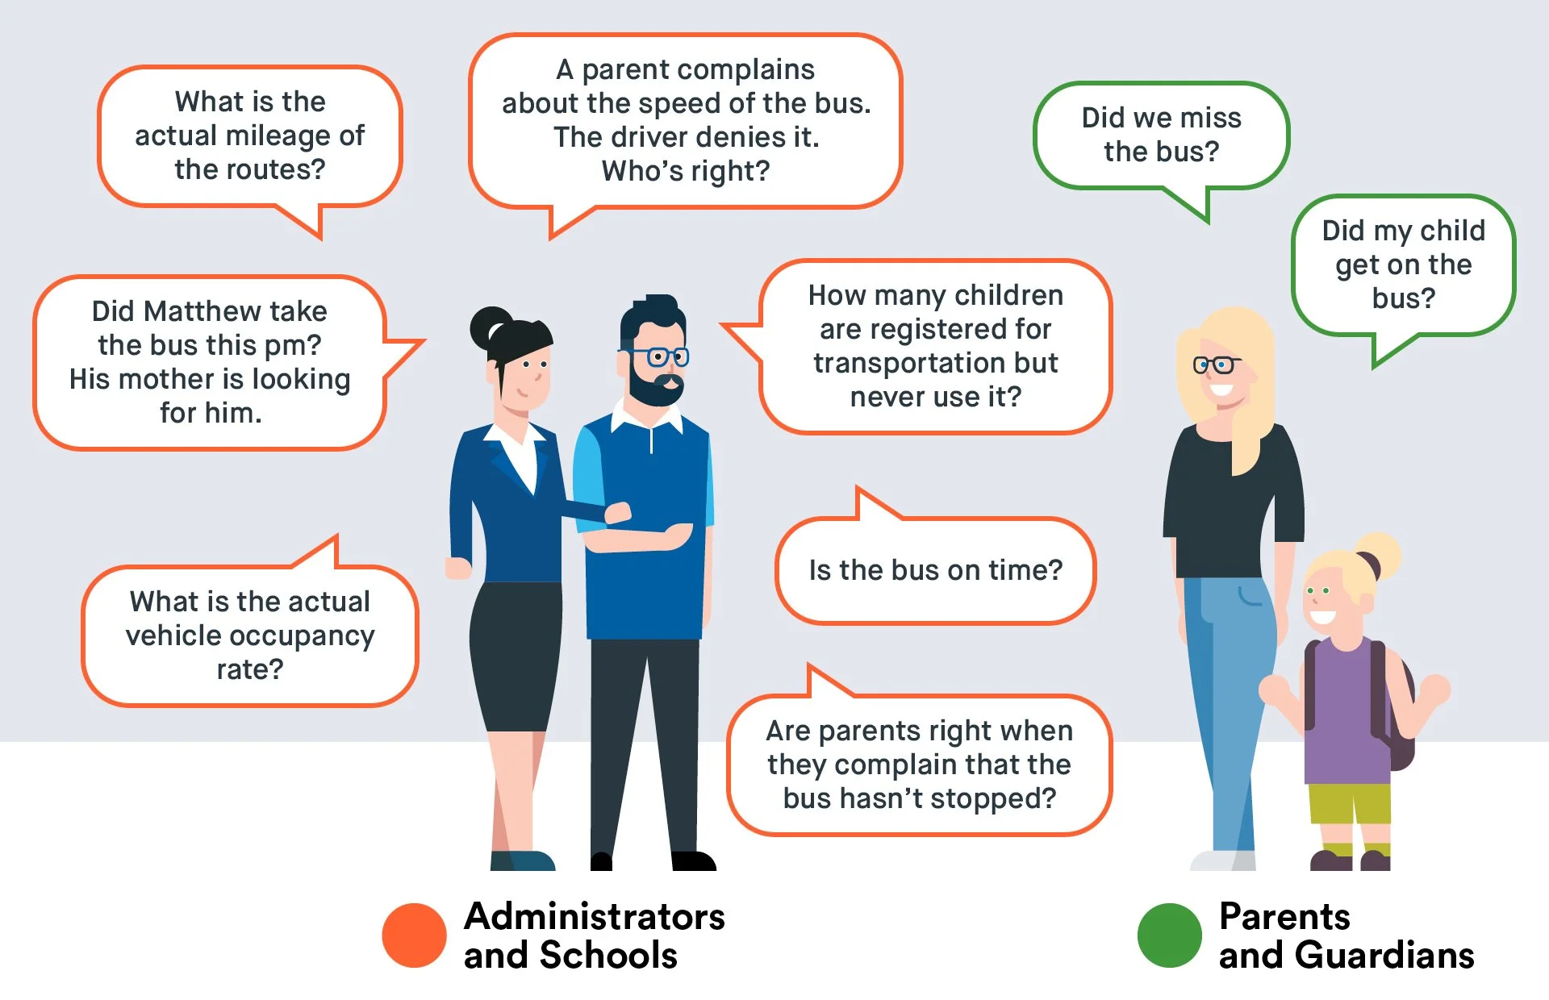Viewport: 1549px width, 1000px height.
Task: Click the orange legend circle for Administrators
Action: (x=414, y=935)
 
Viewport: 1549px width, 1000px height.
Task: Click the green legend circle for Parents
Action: (x=1169, y=935)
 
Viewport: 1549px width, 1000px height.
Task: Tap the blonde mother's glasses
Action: (x=1216, y=365)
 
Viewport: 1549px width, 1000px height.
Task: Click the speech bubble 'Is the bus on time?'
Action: (x=935, y=570)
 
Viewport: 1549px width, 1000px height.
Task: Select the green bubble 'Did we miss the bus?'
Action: (x=1161, y=135)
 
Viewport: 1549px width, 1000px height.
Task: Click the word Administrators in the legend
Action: (x=595, y=917)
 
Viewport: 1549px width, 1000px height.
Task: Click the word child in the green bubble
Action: (x=1452, y=231)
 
